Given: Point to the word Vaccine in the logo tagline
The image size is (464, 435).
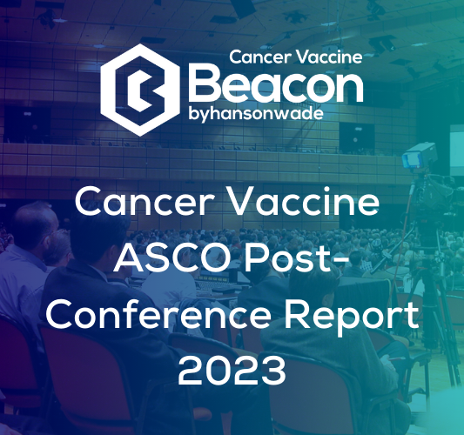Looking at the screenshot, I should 326,57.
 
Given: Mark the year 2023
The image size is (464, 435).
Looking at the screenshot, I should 232,371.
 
